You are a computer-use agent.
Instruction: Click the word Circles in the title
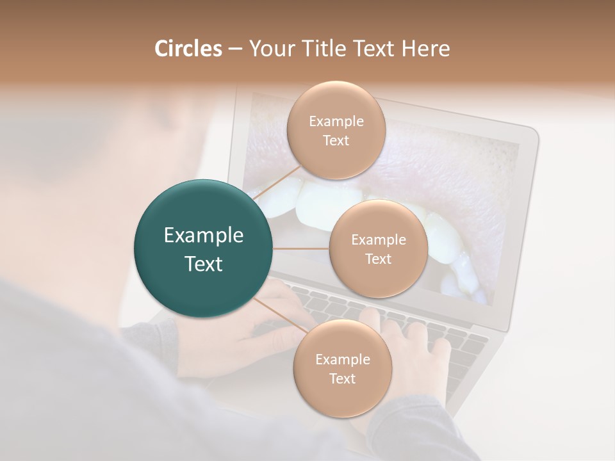point(188,49)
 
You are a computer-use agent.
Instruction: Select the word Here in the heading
point(426,49)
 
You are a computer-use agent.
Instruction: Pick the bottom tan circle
point(342,397)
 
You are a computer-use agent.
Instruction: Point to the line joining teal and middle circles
point(301,248)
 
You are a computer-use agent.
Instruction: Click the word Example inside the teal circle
point(203,235)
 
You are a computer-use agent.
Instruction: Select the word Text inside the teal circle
point(203,263)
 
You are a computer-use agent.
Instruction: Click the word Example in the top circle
point(336,121)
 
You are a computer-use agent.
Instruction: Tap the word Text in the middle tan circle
point(378,259)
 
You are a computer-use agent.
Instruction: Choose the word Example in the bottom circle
point(342,359)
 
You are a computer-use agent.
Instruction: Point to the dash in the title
point(235,49)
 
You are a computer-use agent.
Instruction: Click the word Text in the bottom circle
point(342,378)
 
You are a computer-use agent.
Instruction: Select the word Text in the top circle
point(336,140)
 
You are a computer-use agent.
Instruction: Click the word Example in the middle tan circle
point(378,239)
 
